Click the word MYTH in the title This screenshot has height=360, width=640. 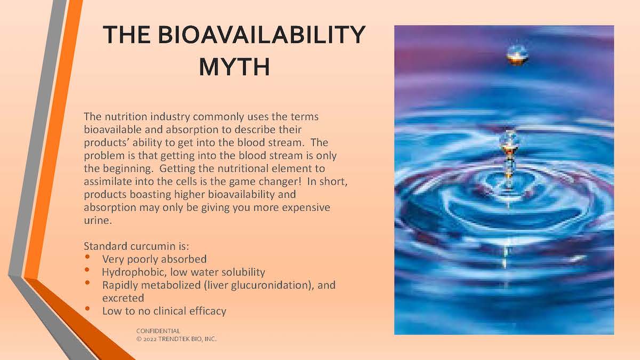(234, 67)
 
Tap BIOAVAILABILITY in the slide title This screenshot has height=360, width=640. (261, 35)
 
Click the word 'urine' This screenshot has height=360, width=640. (98, 220)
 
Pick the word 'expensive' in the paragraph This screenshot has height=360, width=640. (306, 207)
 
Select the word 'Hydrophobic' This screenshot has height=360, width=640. (134, 272)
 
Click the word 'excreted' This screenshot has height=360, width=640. (123, 298)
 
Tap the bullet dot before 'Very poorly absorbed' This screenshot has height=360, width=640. (87, 257)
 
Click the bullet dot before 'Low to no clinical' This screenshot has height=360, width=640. (87, 309)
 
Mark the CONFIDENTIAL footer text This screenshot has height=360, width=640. (158, 331)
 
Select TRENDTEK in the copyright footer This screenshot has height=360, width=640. (171, 339)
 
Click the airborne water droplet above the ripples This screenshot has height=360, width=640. (517, 54)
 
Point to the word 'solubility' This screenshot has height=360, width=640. (243, 272)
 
